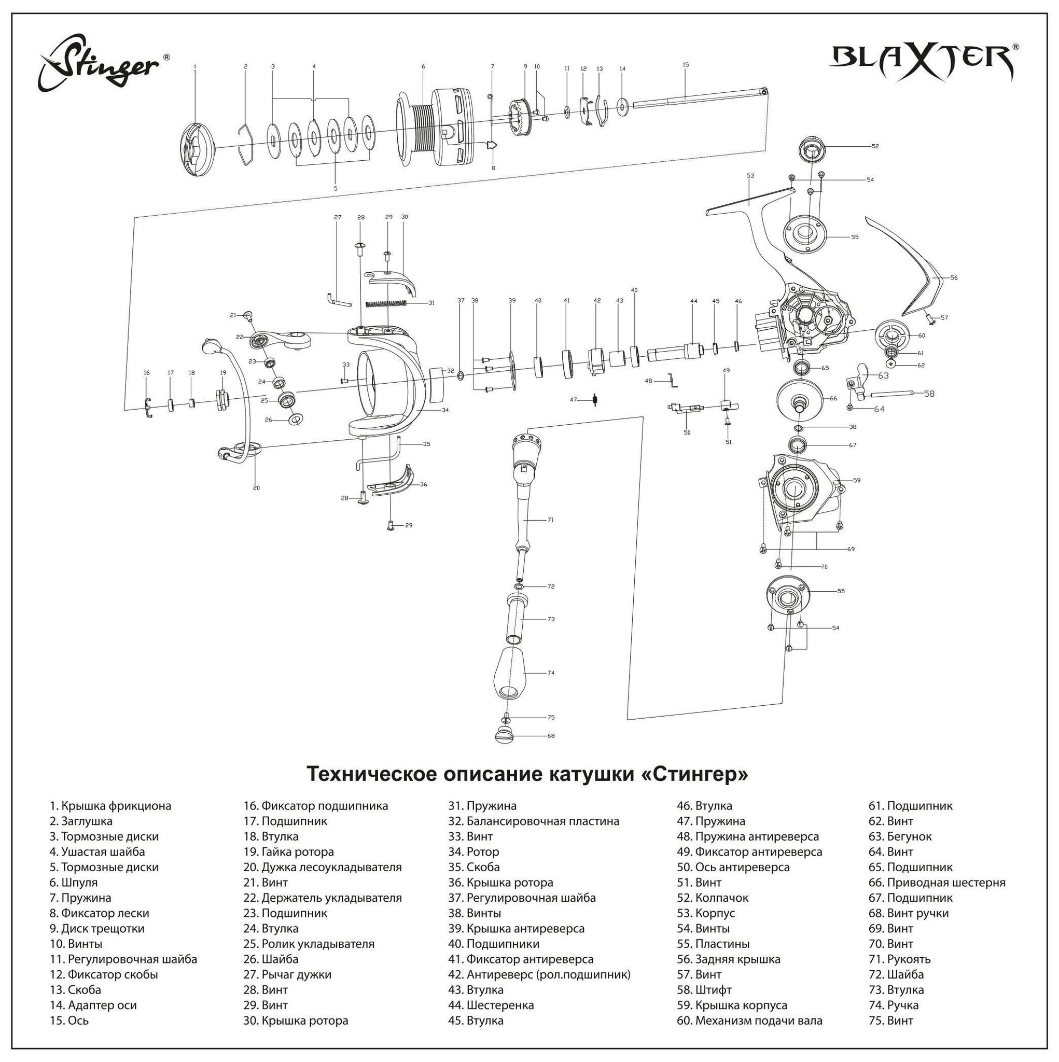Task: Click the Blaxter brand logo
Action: (924, 62)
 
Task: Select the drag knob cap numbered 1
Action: (197, 149)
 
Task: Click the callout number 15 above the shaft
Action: (686, 65)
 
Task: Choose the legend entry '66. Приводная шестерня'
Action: (937, 883)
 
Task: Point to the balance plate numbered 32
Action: (437, 384)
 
